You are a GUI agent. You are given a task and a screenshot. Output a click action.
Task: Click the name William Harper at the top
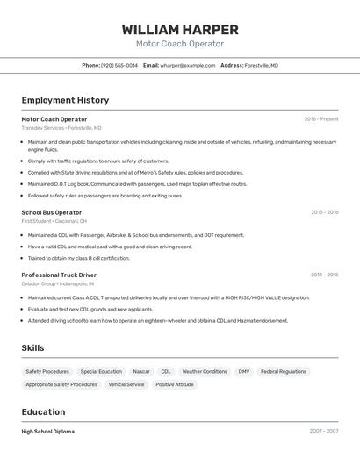[x=180, y=30]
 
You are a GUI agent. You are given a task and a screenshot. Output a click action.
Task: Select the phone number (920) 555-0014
[x=119, y=65]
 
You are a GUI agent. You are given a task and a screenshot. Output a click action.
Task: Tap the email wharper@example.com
[x=188, y=65]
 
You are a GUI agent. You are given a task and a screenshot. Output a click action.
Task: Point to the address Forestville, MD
[x=261, y=65]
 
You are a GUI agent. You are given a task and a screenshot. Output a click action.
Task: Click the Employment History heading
[x=65, y=100]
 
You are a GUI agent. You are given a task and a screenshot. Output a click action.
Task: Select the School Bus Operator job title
[x=52, y=212]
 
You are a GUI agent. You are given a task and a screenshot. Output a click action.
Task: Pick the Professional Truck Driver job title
[x=59, y=275]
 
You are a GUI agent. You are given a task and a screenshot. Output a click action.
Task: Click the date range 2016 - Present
[x=321, y=119]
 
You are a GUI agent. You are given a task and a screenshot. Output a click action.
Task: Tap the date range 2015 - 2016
[x=324, y=212]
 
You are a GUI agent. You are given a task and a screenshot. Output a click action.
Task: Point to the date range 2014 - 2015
[x=324, y=275]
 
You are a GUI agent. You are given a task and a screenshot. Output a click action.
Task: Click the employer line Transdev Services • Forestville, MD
[x=61, y=128]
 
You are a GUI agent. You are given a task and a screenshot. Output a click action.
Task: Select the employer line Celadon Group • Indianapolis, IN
[x=58, y=284]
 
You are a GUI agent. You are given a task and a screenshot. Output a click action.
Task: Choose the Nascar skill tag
[x=141, y=371]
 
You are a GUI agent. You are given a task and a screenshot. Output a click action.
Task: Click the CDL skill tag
[x=166, y=371]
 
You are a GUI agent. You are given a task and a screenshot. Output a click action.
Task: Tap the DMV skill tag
[x=244, y=371]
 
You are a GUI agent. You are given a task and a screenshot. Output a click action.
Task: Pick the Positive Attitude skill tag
[x=175, y=384]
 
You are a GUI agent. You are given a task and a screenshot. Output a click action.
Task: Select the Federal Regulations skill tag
[x=283, y=371]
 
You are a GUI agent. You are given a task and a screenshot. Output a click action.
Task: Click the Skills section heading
[x=32, y=348]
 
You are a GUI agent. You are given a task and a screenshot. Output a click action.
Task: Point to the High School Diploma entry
[x=48, y=432]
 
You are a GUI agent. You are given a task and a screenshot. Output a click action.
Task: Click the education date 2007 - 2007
[x=324, y=432]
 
